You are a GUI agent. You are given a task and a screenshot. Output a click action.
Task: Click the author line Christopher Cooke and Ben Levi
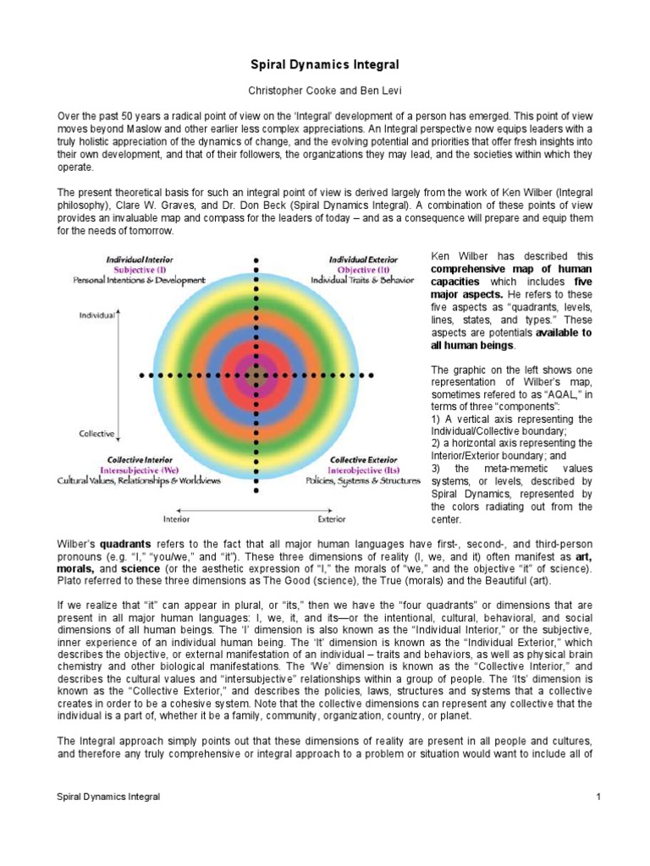pyautogui.click(x=325, y=89)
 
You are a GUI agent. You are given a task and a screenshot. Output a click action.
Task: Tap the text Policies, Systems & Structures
pyautogui.click(x=363, y=480)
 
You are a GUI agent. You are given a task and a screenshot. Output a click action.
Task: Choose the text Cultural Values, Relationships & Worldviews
pyautogui.click(x=139, y=480)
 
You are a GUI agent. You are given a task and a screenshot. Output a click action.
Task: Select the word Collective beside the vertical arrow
pyautogui.click(x=96, y=434)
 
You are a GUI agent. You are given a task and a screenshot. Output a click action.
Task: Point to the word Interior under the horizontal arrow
pyautogui.click(x=176, y=518)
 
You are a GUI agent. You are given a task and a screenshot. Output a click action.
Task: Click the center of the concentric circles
pyautogui.click(x=254, y=373)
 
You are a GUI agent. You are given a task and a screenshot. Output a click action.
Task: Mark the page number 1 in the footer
pyautogui.click(x=598, y=797)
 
